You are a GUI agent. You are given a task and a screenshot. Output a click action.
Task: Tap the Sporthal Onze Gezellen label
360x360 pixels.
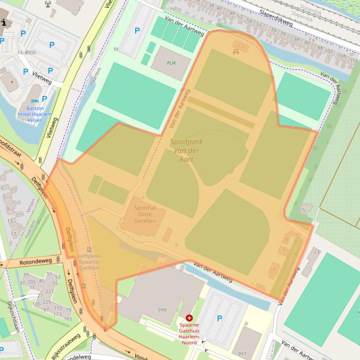145,214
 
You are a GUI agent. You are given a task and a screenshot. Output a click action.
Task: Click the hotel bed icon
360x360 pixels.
34,101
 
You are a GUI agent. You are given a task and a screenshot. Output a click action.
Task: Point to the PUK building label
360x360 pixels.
171,63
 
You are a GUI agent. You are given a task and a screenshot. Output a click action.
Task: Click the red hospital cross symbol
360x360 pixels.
189,318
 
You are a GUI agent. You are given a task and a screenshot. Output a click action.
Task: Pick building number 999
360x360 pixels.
162,310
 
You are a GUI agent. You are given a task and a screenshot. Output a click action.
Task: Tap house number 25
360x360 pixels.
302,210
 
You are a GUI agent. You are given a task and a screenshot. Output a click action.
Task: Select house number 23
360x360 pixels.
316,252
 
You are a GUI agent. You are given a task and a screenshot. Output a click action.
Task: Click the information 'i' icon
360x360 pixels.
5,22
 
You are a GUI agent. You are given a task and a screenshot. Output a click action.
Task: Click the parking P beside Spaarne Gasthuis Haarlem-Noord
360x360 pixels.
220,318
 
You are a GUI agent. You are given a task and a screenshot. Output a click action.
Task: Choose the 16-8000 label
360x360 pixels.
27,53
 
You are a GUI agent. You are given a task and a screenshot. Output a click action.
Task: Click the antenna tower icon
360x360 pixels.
48,5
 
